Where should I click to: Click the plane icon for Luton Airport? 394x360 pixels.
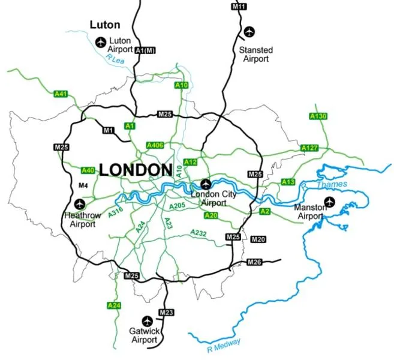tap(100, 42)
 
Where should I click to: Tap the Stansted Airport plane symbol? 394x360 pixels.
tap(249, 31)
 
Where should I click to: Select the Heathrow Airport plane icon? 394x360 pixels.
tap(80, 205)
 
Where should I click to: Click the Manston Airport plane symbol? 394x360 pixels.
tap(329, 201)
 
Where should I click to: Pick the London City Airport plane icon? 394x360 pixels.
tap(206, 184)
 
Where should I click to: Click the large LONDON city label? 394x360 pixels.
tap(136, 170)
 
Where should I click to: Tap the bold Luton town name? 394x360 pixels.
tap(105, 25)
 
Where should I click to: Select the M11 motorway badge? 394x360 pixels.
tap(238, 7)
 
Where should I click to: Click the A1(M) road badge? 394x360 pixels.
tap(145, 50)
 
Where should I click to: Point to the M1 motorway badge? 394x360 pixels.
tap(109, 130)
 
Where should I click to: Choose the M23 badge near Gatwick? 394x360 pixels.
tap(166, 313)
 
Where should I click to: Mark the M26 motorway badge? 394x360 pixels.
tap(255, 262)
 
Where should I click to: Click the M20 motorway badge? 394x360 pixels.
tap(258, 239)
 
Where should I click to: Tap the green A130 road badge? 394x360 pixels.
tap(318, 116)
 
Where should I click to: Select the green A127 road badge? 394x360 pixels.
tap(309, 148)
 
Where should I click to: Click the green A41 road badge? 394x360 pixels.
tap(61, 94)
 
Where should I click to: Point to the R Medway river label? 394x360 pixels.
tap(223, 343)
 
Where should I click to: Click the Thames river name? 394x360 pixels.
tap(331, 185)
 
